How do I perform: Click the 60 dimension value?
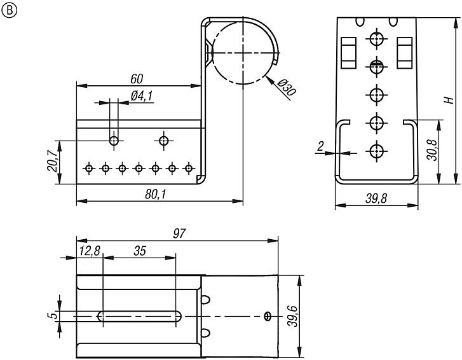tap(136, 79)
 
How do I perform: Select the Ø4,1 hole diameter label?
tap(142, 96)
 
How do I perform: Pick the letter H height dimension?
tap(449, 100)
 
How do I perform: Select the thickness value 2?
tap(321, 147)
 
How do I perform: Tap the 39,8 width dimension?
tap(376, 199)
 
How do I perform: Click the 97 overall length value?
tap(179, 234)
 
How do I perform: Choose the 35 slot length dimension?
tap(140, 251)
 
